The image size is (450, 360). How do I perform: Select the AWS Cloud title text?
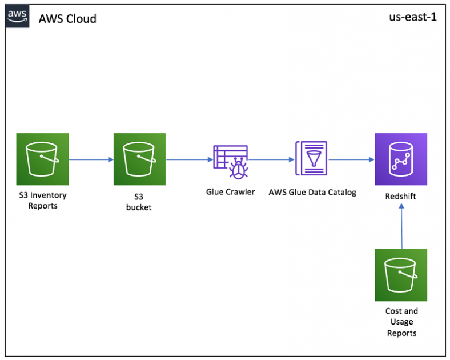point(67,19)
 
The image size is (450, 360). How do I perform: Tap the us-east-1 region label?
point(412,17)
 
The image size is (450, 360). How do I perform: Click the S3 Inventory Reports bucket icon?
point(42,159)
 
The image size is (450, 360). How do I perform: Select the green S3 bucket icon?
point(139,159)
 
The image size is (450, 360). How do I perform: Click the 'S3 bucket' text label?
point(139,202)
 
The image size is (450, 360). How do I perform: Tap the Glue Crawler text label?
point(230,192)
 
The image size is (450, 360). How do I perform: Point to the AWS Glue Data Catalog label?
point(312,193)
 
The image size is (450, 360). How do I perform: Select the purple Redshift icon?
point(401,159)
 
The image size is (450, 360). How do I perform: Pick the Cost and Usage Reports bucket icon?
point(401,275)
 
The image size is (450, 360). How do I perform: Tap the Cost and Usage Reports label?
point(402,322)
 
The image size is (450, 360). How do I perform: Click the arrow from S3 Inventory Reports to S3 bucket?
point(91,159)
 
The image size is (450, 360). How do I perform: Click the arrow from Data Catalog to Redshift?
point(350,159)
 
